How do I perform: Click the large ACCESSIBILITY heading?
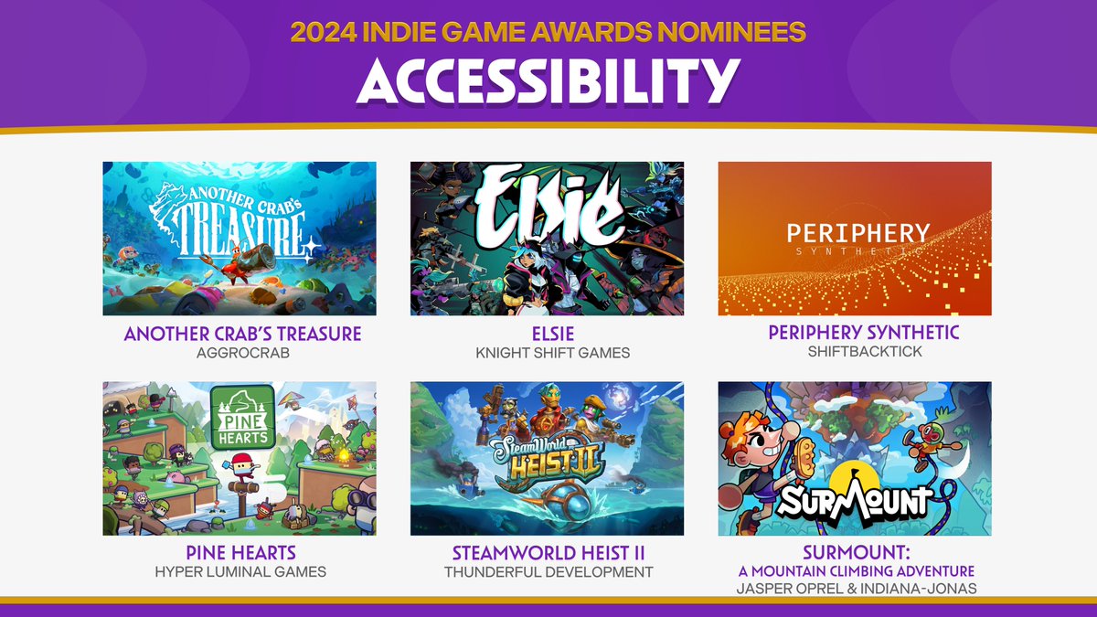click(x=548, y=81)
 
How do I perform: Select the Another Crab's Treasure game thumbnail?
click(x=240, y=239)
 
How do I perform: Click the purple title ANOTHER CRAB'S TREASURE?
click(x=243, y=334)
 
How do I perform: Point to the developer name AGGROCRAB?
click(x=243, y=353)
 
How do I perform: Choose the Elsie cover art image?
click(x=547, y=239)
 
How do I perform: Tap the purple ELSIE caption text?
click(x=547, y=334)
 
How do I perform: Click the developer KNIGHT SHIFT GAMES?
click(x=547, y=353)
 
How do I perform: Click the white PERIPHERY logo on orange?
click(x=857, y=234)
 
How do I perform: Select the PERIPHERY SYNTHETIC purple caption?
click(x=864, y=333)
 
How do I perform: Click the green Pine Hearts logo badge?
click(x=242, y=416)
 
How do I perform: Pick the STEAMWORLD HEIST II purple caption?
click(x=547, y=553)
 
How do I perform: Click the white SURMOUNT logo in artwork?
click(x=854, y=501)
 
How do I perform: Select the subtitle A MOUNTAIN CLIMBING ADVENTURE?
click(x=856, y=571)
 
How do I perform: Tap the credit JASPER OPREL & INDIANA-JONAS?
click(x=856, y=589)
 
